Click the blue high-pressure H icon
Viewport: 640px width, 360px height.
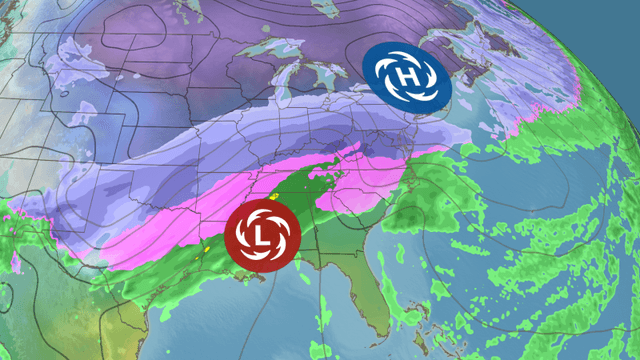click(x=406, y=76)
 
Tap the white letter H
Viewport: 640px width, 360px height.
click(x=406, y=76)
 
